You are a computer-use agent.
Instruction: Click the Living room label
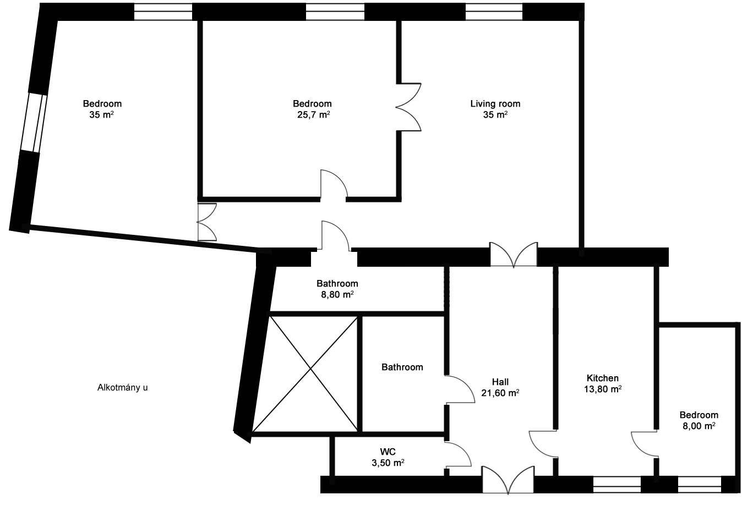495,103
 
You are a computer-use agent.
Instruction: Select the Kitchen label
603,378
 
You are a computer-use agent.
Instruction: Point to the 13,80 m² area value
603,389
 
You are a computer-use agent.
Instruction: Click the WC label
388,452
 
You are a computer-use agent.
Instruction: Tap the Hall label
500,382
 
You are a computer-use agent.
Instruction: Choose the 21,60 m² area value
500,393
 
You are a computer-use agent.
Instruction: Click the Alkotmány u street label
123,388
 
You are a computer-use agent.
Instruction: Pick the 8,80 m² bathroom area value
337,295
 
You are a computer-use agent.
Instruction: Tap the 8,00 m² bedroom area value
699,426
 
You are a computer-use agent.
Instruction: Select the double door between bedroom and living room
408,107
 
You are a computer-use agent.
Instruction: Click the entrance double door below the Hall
508,480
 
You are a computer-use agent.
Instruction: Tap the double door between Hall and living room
514,255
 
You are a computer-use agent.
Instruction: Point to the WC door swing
458,455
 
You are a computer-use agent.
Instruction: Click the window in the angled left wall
34,123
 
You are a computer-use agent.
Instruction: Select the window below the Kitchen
617,485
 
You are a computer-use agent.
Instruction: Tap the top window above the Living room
494,12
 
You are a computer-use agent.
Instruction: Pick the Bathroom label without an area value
402,367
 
